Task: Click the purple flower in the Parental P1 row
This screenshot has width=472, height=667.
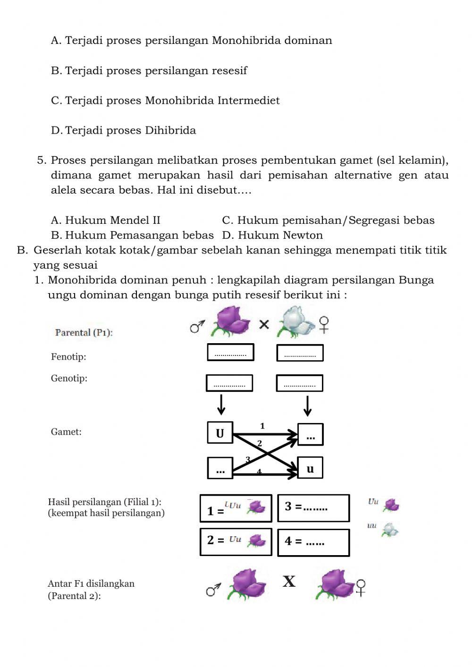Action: [x=232, y=321]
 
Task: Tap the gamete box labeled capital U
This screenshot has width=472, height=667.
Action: [x=220, y=433]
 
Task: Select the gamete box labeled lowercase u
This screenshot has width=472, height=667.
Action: [x=310, y=468]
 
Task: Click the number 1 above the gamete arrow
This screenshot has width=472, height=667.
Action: [x=262, y=426]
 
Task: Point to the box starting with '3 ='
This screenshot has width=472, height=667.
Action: [x=313, y=508]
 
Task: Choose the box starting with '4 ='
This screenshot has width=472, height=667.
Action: [x=313, y=542]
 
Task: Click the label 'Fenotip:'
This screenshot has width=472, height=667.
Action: [x=68, y=357]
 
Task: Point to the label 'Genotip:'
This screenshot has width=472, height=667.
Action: [x=69, y=378]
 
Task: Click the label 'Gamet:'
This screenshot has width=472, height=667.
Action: [x=66, y=431]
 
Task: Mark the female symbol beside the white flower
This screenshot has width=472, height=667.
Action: [x=324, y=324]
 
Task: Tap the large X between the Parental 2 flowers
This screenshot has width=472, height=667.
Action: [x=289, y=582]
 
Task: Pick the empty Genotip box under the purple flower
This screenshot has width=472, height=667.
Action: [x=229, y=383]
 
